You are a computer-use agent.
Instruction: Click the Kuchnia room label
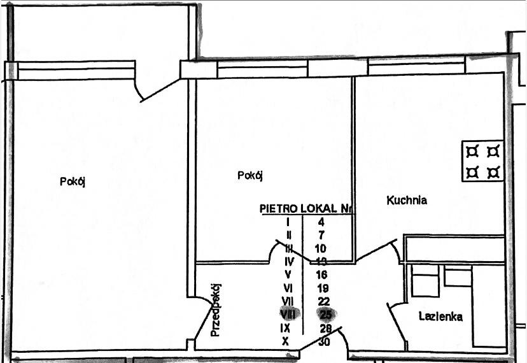407,200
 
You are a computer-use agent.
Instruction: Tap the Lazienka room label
440,317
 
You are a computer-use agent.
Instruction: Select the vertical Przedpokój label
216,310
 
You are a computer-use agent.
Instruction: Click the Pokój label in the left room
73,181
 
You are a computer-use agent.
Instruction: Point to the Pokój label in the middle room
250,175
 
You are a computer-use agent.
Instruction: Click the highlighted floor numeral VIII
288,314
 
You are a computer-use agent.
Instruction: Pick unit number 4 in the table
321,222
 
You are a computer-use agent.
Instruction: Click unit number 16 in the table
322,274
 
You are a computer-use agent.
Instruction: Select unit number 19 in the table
323,288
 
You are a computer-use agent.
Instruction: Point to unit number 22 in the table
323,301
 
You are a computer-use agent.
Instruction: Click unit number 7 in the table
321,236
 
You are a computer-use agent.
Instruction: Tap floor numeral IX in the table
286,329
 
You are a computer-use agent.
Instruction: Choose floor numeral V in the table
288,274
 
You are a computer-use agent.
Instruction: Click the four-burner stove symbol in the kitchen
482,161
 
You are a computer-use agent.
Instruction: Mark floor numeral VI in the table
287,288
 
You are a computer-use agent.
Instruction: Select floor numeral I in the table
288,222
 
